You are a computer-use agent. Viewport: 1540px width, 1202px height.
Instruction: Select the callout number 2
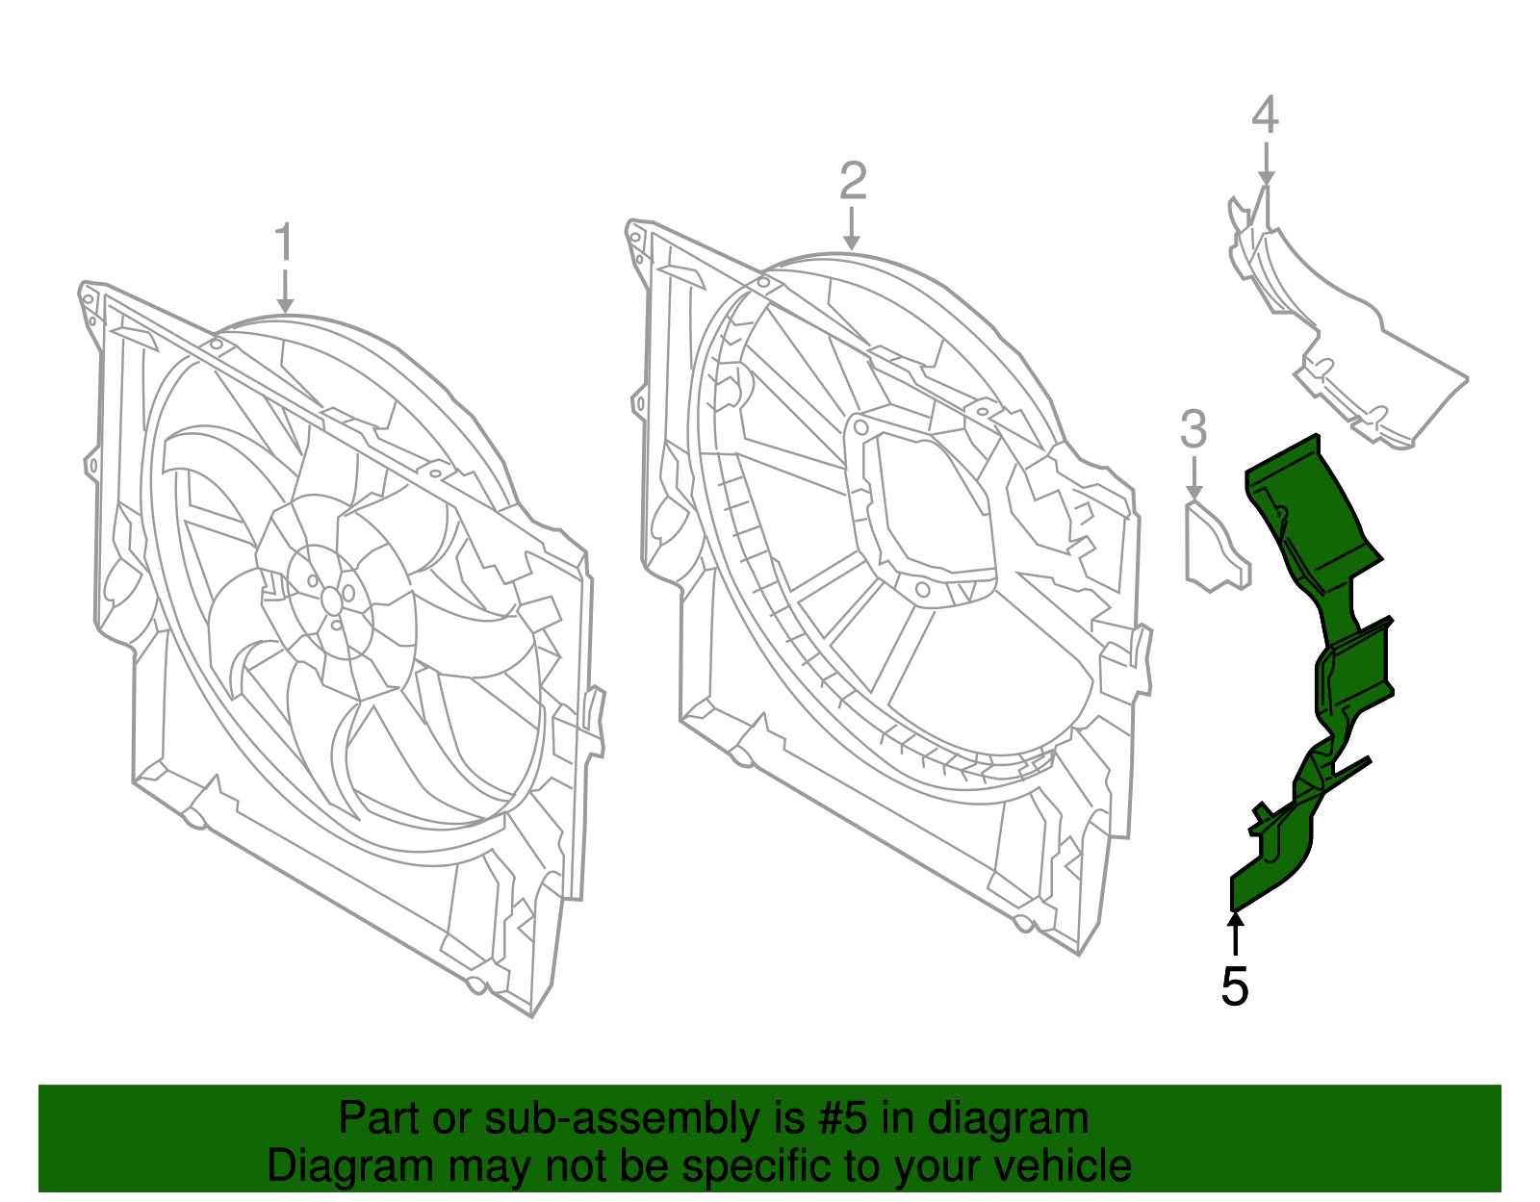[x=853, y=181]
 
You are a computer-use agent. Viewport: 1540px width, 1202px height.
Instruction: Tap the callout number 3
[x=1193, y=429]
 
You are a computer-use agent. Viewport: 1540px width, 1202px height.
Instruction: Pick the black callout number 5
[x=1234, y=986]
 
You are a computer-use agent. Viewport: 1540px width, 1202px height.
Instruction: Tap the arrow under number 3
[x=1193, y=478]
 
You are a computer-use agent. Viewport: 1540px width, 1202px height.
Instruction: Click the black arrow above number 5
[x=1234, y=933]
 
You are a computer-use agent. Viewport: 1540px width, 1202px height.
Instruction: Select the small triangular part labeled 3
[x=1215, y=550]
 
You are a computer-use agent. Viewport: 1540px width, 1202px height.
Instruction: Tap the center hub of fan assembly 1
[x=331, y=600]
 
